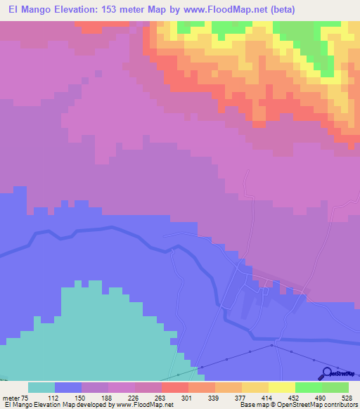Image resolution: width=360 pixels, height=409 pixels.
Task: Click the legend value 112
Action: (41, 397)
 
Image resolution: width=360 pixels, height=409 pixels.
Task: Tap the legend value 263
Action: (148, 397)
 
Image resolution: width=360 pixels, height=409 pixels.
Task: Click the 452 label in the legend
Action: (282, 397)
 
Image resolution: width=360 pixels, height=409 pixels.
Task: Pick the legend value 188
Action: (95, 397)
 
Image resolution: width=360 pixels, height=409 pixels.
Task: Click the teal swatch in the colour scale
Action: (41, 387)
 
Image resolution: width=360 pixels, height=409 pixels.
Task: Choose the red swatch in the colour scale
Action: (175, 387)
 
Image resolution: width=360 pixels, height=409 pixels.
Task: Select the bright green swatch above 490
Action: (309, 387)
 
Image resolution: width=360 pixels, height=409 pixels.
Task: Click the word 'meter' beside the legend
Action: (12, 397)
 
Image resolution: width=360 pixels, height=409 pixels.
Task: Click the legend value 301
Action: (175, 397)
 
